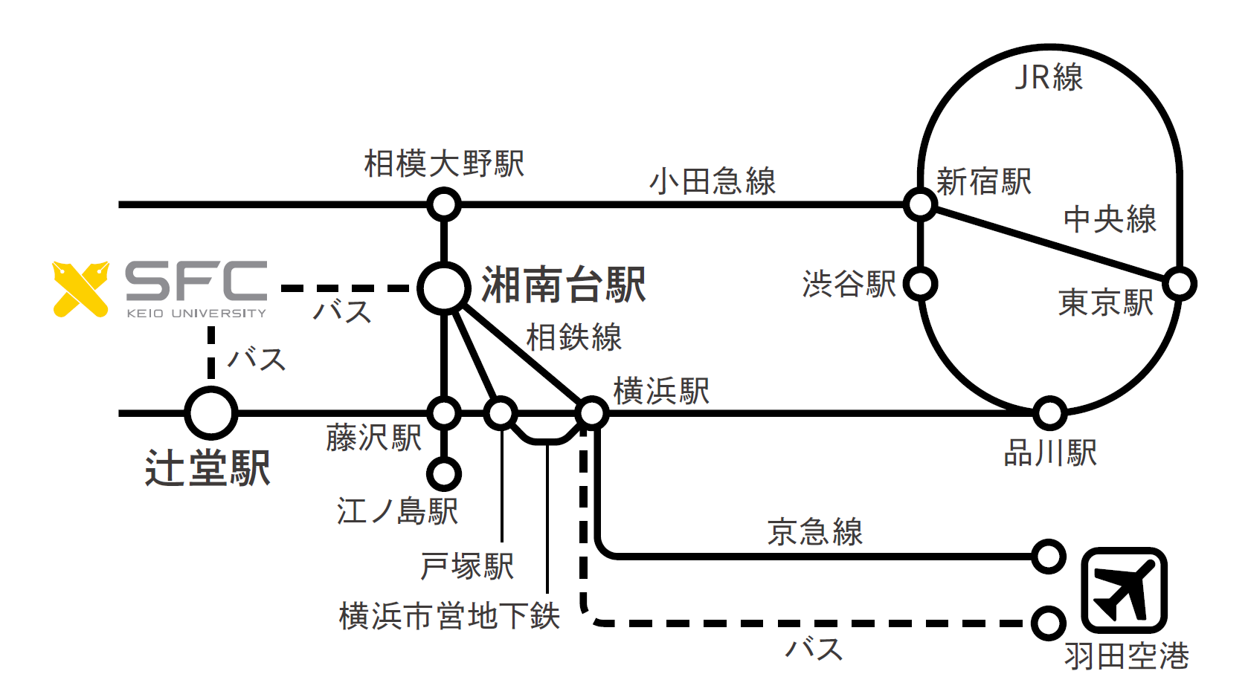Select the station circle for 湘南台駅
444,288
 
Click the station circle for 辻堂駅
210,413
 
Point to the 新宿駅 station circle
920,204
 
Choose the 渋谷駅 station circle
921,284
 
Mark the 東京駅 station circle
1180,284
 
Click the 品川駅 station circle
1049,412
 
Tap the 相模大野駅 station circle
444,204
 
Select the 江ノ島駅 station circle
444,473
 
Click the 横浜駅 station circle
592,412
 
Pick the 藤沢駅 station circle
444,412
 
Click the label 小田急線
713,181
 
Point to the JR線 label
1049,77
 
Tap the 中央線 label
1110,219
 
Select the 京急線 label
814,532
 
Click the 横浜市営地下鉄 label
449,616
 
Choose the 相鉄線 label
573,337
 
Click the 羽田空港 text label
1126,656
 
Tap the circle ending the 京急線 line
1049,556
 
